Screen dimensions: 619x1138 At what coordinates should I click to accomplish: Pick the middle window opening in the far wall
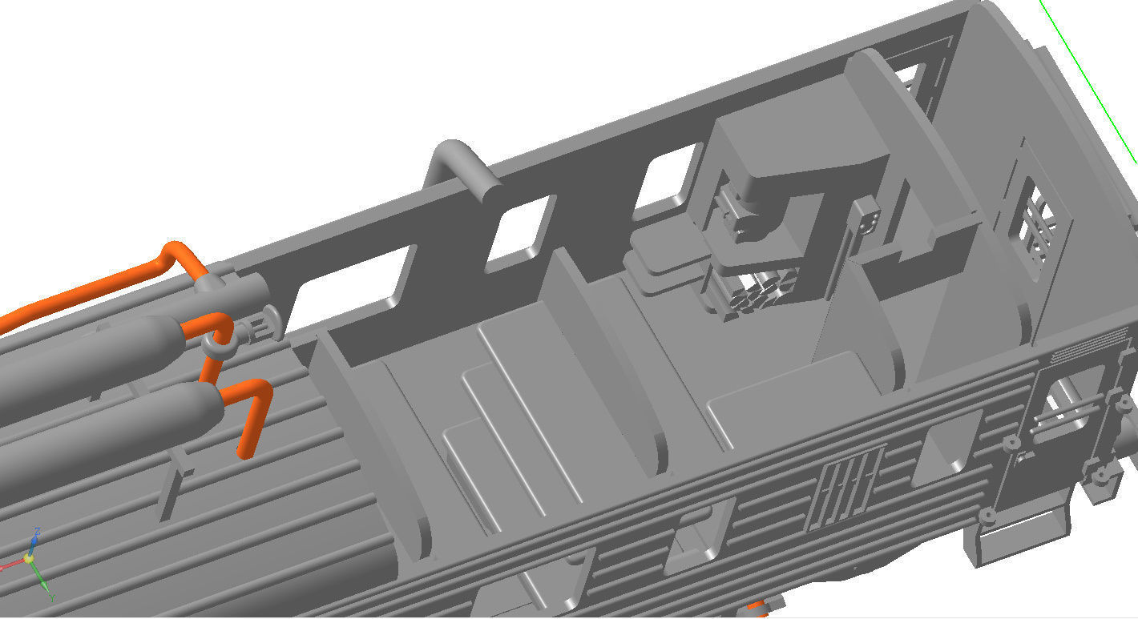coord(519,228)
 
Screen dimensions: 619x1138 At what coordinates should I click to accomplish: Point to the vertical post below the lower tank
coord(173,492)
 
